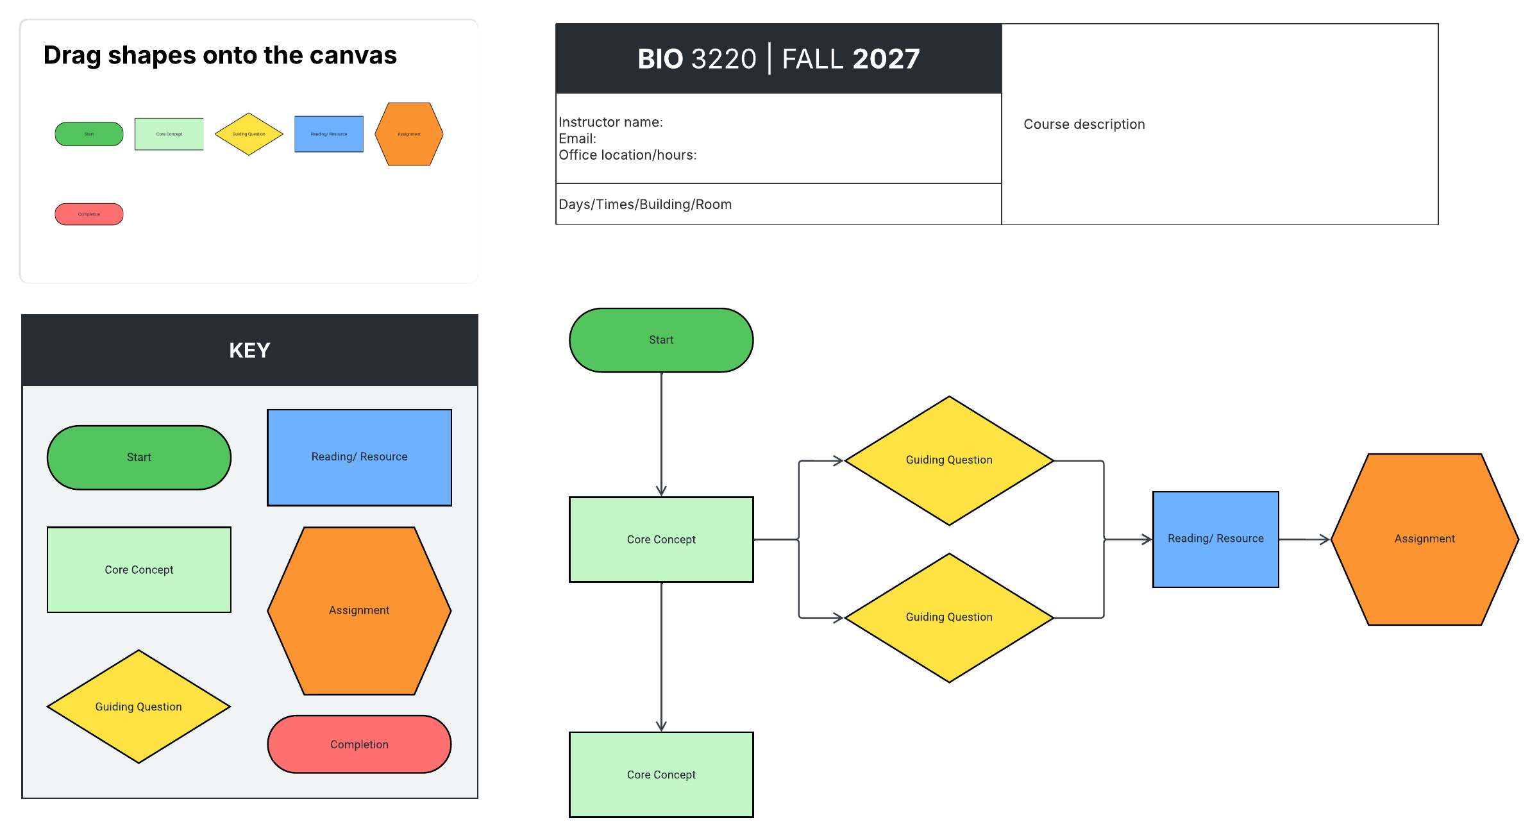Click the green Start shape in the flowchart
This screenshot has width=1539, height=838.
click(x=661, y=340)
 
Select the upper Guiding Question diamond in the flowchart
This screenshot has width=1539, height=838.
click(x=949, y=460)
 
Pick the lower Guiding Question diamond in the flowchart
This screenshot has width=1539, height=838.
click(x=949, y=617)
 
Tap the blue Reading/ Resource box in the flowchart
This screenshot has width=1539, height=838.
click(x=1215, y=539)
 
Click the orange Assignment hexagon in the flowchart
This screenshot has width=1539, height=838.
click(x=1424, y=539)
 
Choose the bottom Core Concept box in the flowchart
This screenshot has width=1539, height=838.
click(x=661, y=775)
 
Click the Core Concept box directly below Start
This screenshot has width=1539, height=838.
click(x=661, y=539)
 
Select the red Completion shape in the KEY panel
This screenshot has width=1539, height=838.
click(x=359, y=744)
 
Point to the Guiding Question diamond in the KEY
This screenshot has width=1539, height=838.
click(x=139, y=707)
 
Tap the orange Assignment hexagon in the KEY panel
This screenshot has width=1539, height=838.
click(x=359, y=610)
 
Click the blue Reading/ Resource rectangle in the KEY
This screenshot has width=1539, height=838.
click(x=359, y=457)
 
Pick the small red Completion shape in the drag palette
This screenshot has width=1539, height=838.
click(x=89, y=214)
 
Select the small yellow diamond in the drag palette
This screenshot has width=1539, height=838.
click(x=249, y=134)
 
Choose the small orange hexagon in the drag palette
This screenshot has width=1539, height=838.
click(x=409, y=134)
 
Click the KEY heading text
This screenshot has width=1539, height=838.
click(x=249, y=350)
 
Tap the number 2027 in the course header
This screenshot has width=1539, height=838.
click(x=886, y=59)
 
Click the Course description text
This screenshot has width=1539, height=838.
click(x=1084, y=124)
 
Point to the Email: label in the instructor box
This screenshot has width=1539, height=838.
click(x=577, y=138)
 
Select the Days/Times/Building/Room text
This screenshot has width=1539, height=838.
click(x=645, y=205)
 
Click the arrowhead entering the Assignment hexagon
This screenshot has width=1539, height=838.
click(x=1325, y=540)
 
